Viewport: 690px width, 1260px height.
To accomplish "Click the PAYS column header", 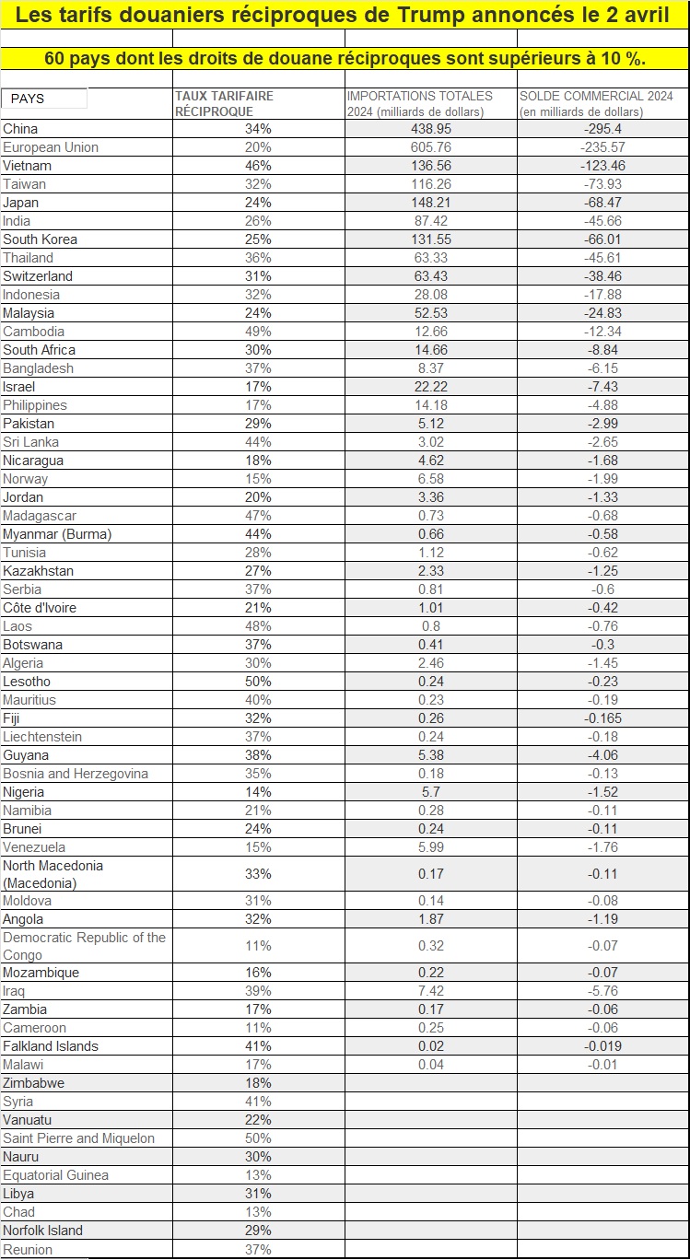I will click(x=28, y=99).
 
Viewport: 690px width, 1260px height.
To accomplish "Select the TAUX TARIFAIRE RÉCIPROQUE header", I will click(x=224, y=103).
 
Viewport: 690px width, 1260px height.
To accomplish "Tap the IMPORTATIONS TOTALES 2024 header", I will click(x=419, y=103).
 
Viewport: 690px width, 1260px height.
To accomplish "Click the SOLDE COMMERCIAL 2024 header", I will click(x=596, y=103).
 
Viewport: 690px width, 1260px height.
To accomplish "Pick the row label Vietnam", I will click(x=28, y=166).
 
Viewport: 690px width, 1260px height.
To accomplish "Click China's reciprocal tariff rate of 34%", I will click(x=258, y=129).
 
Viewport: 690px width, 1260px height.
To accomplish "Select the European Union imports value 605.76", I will click(x=431, y=147).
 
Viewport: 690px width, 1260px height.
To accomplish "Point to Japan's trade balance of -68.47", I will click(x=603, y=203).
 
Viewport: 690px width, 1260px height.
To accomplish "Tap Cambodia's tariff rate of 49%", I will click(x=258, y=332).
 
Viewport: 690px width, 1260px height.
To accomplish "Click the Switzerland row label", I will click(x=38, y=276).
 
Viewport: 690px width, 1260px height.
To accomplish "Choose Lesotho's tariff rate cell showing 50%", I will click(x=258, y=682).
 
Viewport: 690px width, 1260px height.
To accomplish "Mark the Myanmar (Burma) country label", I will click(x=57, y=534).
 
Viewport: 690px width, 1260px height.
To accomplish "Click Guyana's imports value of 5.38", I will click(x=431, y=755).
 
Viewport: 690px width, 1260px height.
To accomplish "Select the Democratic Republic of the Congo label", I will click(x=84, y=946).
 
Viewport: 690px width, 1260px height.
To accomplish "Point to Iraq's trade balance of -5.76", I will click(x=603, y=991).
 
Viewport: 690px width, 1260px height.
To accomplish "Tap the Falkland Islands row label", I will click(x=51, y=1046).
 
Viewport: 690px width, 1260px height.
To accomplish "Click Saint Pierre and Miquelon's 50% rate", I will click(x=258, y=1138).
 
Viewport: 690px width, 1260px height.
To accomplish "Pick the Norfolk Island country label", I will click(x=43, y=1231).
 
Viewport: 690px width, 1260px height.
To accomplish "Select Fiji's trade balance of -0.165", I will click(x=603, y=718).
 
